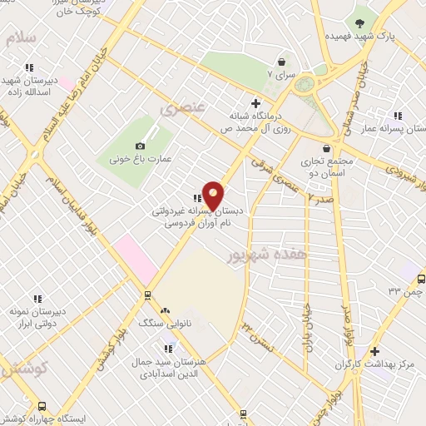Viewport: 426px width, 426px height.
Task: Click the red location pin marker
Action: click(214, 196)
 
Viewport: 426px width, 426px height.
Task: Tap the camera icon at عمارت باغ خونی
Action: click(152, 146)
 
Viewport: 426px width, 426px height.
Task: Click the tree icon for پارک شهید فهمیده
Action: click(359, 23)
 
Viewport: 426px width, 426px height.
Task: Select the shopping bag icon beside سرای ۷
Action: click(281, 61)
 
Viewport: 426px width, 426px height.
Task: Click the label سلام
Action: click(20, 37)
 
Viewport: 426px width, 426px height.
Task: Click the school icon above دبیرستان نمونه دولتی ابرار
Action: click(37, 298)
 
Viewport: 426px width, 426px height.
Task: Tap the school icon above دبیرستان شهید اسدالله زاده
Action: click(29, 67)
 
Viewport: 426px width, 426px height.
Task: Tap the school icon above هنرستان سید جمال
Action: click(171, 348)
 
